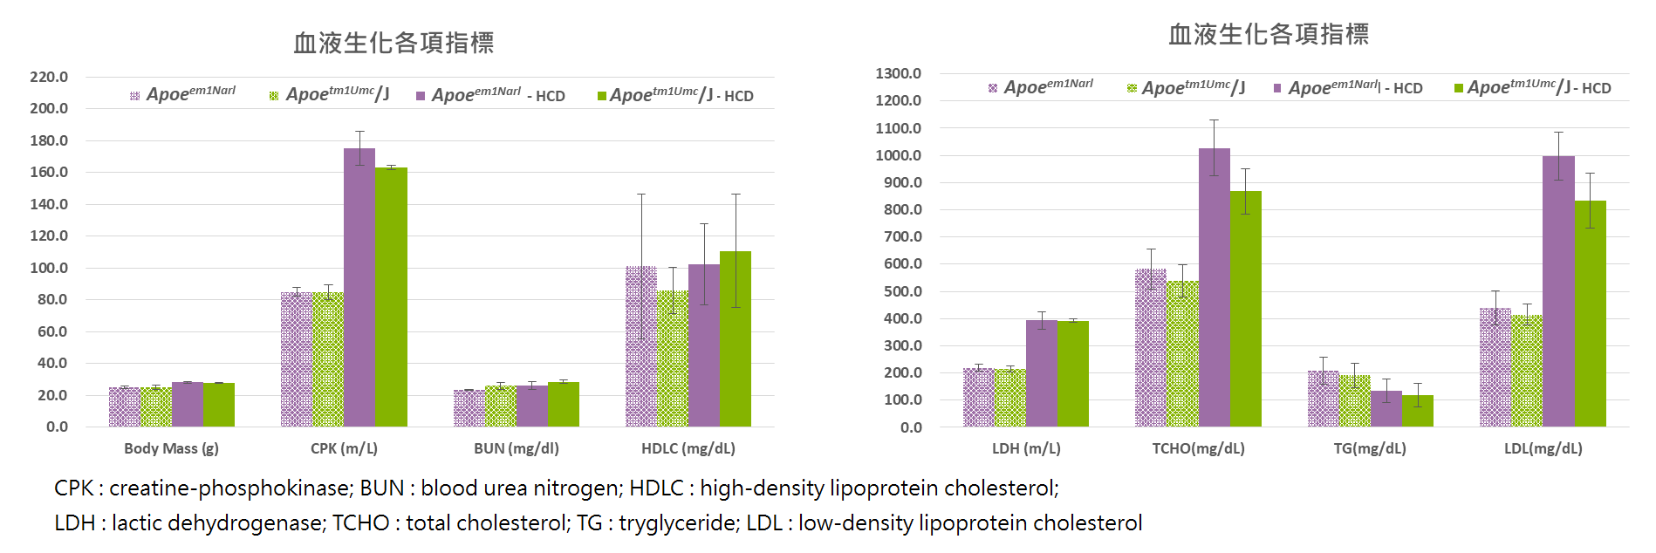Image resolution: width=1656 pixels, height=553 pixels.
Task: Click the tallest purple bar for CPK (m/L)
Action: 359,288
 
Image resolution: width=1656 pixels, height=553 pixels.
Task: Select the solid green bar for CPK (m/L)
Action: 391,297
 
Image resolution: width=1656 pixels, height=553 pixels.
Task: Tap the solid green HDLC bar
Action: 736,340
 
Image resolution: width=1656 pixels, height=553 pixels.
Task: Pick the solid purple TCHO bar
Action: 1214,288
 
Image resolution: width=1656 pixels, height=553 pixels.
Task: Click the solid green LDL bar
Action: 1590,314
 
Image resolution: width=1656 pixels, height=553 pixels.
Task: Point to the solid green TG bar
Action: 1417,411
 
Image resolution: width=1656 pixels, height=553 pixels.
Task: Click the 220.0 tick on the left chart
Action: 49,77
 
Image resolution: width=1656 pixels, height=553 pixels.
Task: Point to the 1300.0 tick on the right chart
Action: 899,73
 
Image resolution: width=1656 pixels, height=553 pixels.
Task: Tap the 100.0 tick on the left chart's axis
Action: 49,268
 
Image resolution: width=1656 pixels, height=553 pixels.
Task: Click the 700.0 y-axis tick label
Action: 899,236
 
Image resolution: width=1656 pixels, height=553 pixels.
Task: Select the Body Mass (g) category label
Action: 171,448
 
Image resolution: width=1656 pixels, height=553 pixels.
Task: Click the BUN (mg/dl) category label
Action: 517,448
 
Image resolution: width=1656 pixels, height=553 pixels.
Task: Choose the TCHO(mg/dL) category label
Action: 1198,448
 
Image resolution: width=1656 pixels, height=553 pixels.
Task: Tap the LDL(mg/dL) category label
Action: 1543,448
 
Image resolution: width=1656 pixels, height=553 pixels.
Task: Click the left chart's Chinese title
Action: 393,43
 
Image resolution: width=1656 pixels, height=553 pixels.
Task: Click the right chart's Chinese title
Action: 1269,34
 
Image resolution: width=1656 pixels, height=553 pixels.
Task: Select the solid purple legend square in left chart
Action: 421,96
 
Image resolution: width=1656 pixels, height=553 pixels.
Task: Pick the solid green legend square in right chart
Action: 1459,88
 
